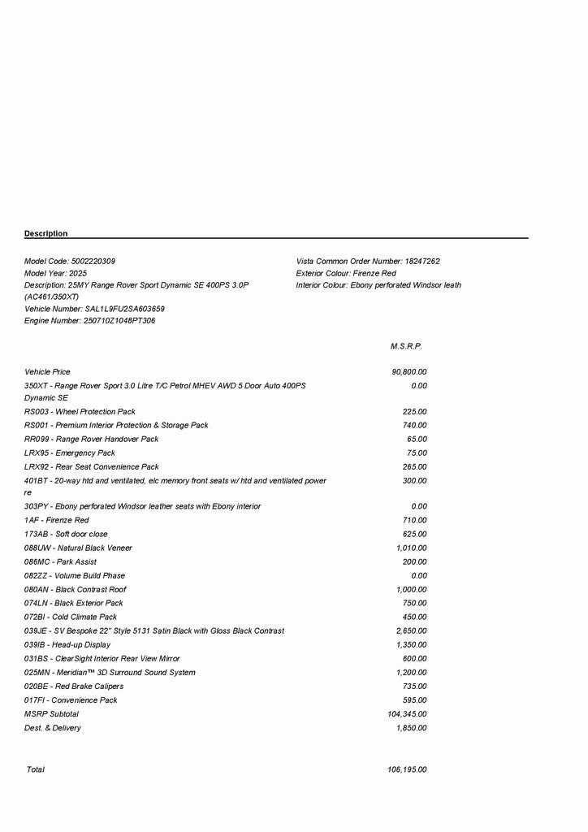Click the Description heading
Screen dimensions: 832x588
(46, 234)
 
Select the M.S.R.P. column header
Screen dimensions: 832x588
(406, 346)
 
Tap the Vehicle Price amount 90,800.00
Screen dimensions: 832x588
(409, 372)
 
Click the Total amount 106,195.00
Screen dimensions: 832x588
(407, 769)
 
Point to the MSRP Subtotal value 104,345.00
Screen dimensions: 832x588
(407, 714)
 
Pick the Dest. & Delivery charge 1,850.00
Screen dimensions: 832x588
(411, 728)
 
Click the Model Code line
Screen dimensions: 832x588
(70, 262)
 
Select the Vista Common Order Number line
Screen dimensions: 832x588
(368, 262)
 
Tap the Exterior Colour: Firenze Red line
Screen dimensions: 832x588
(346, 274)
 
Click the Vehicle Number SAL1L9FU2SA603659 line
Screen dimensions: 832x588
(95, 310)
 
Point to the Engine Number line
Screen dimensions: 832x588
(90, 321)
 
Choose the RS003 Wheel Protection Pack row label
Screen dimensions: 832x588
(80, 412)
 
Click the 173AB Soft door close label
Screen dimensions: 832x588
(66, 535)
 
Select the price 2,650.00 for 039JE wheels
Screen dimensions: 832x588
(411, 631)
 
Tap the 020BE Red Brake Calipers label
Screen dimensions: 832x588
(74, 687)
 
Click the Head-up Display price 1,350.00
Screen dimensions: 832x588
(411, 645)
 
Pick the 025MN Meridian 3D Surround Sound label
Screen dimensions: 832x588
(110, 673)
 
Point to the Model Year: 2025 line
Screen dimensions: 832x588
(55, 274)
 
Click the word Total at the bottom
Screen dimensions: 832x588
(36, 769)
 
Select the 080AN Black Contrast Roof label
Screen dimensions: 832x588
(76, 590)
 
